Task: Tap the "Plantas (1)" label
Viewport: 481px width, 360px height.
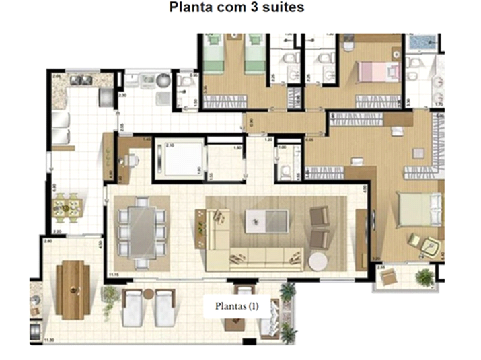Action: tap(236, 307)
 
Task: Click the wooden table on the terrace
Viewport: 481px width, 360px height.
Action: tap(73, 289)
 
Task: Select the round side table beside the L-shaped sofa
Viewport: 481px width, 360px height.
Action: tap(316, 261)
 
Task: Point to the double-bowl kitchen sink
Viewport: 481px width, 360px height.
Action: tap(81, 81)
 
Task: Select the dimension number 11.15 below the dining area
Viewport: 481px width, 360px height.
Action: tap(113, 275)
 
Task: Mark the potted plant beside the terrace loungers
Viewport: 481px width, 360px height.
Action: tap(110, 295)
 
